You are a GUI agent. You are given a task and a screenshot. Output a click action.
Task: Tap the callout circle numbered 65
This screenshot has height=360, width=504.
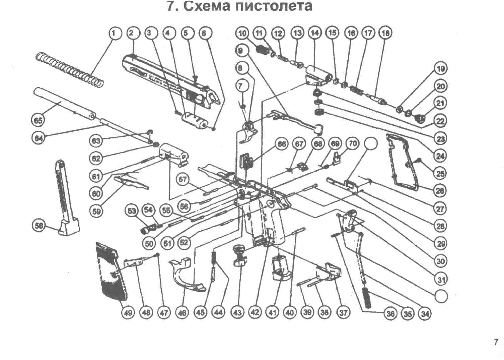tap(39, 120)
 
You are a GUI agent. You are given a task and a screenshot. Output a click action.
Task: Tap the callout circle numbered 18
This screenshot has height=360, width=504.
tap(385, 33)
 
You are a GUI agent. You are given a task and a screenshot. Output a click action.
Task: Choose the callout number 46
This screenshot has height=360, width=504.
tap(183, 313)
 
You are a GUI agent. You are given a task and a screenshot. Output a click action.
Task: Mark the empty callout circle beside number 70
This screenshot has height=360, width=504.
tap(370, 144)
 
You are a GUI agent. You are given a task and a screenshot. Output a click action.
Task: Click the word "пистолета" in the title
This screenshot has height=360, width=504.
tap(274, 6)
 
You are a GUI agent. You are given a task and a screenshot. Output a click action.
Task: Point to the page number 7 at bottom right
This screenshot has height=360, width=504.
tap(496, 342)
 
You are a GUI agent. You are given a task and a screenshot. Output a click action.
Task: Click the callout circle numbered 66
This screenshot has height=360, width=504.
tap(281, 144)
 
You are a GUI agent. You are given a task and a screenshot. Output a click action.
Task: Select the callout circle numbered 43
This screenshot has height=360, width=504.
tap(237, 313)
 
